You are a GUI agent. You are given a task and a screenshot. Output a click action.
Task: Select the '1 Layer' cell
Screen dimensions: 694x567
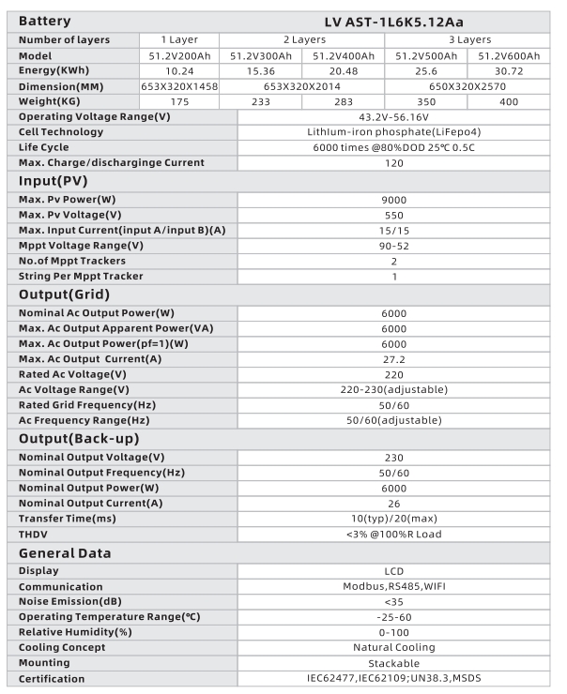(178, 39)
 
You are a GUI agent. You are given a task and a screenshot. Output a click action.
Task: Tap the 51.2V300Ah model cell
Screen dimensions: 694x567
(260, 55)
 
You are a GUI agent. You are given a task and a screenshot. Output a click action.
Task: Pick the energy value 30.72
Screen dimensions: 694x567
(508, 70)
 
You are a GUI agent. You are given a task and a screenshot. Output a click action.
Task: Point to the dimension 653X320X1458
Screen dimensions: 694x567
(178, 85)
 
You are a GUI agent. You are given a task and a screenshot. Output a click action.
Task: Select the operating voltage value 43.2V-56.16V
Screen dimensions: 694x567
(394, 116)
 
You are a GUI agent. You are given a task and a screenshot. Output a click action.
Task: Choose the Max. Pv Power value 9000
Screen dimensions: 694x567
(394, 200)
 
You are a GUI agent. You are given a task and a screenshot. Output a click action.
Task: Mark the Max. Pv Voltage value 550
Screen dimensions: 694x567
(394, 215)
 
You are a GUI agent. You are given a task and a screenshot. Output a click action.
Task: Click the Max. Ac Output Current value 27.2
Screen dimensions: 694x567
(394, 358)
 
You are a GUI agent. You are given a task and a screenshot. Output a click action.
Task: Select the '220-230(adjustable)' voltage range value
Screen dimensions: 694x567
(394, 389)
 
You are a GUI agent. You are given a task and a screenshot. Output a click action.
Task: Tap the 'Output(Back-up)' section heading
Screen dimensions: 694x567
(79, 439)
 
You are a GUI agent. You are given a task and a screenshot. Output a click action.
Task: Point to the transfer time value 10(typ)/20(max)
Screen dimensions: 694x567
(394, 519)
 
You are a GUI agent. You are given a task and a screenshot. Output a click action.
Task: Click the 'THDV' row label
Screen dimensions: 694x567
(35, 535)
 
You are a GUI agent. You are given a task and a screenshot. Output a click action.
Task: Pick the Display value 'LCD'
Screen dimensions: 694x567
(394, 570)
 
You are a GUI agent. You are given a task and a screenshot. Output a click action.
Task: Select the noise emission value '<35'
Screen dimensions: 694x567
(394, 601)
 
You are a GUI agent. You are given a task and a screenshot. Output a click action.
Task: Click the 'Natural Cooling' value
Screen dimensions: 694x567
(394, 647)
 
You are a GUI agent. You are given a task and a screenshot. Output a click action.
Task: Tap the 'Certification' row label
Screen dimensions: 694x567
(52, 679)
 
